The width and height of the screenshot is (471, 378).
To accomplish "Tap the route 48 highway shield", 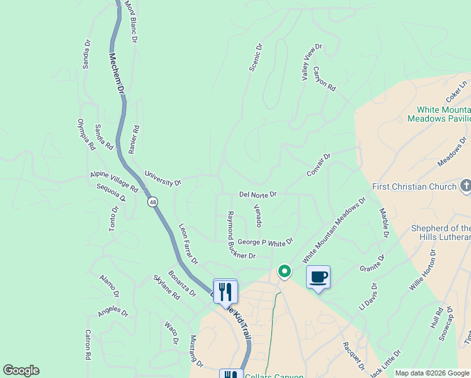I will (152, 202).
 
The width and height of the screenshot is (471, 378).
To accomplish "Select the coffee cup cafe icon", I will (319, 277).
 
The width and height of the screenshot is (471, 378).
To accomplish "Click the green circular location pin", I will (285, 272).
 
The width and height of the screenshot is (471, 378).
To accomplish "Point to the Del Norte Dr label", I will (258, 195).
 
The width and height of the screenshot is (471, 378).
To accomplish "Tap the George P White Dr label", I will (265, 243).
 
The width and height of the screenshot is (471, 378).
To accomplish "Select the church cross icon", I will (465, 186).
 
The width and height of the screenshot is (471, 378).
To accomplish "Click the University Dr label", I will (162, 178).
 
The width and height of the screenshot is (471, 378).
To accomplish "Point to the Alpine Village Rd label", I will (114, 181).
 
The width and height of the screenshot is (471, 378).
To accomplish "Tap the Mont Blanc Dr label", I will (130, 21).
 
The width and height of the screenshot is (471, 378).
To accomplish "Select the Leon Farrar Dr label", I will (188, 244).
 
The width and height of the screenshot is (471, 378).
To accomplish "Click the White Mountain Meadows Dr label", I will (334, 231).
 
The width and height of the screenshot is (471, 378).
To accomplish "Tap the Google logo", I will (21, 370).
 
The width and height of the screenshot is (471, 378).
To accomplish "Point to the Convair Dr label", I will (319, 164).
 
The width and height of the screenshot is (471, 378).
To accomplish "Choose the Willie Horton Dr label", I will (423, 269).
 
